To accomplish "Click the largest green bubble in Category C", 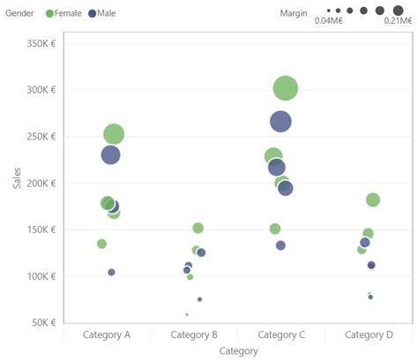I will coord(285,88).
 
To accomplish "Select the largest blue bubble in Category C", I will coord(280,122).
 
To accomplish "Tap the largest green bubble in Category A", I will coord(114,134).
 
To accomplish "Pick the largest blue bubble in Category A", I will coord(110,154).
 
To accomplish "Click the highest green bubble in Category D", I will coord(372,200).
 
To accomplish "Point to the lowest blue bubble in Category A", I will coord(111,272).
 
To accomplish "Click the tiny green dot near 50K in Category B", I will coord(186,314).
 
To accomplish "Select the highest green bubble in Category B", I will coord(198,229).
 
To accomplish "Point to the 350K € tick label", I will coord(42,43).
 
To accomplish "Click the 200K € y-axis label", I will coord(42,183).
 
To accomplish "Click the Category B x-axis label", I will coord(194,335).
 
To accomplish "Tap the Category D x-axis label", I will coord(369,335).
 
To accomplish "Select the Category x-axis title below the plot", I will coord(238,351).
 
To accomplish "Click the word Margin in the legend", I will coord(293,12).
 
